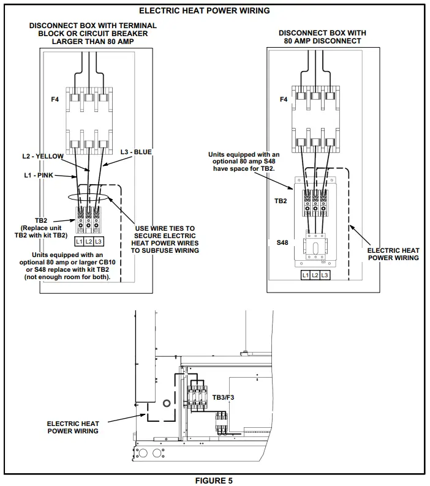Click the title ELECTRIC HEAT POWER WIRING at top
[204, 10]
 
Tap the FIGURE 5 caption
[214, 480]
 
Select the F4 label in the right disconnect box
[283, 99]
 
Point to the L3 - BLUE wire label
[136, 151]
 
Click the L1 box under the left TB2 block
[79, 241]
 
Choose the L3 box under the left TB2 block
[98, 241]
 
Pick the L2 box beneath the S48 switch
[315, 275]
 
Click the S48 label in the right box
[282, 242]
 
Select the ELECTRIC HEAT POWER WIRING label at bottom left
[73, 427]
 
